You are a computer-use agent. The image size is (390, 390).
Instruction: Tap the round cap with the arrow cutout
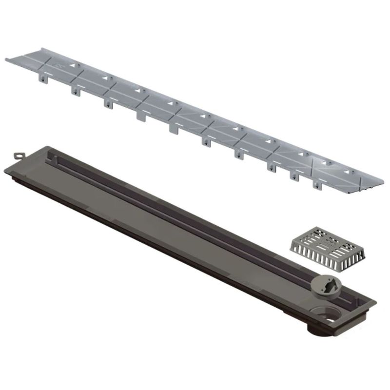[x=323, y=286]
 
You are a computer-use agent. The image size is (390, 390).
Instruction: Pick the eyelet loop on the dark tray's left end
[x=18, y=155]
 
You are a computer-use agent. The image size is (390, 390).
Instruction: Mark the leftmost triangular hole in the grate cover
[x=74, y=65]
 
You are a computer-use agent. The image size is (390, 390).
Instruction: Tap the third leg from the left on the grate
[x=106, y=102]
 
